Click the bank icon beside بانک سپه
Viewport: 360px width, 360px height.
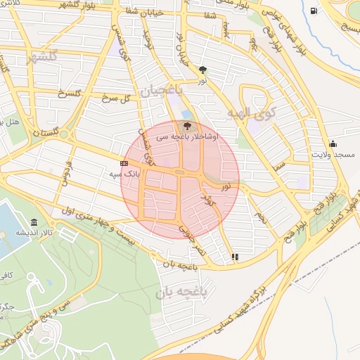click(x=124, y=163)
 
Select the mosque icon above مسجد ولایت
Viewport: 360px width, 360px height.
click(x=332, y=144)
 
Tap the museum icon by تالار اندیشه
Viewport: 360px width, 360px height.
click(x=34, y=222)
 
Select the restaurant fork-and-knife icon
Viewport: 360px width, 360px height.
click(x=235, y=257)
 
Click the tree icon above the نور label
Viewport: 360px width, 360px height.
click(x=203, y=70)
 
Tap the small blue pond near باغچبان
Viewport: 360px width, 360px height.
click(x=186, y=114)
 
